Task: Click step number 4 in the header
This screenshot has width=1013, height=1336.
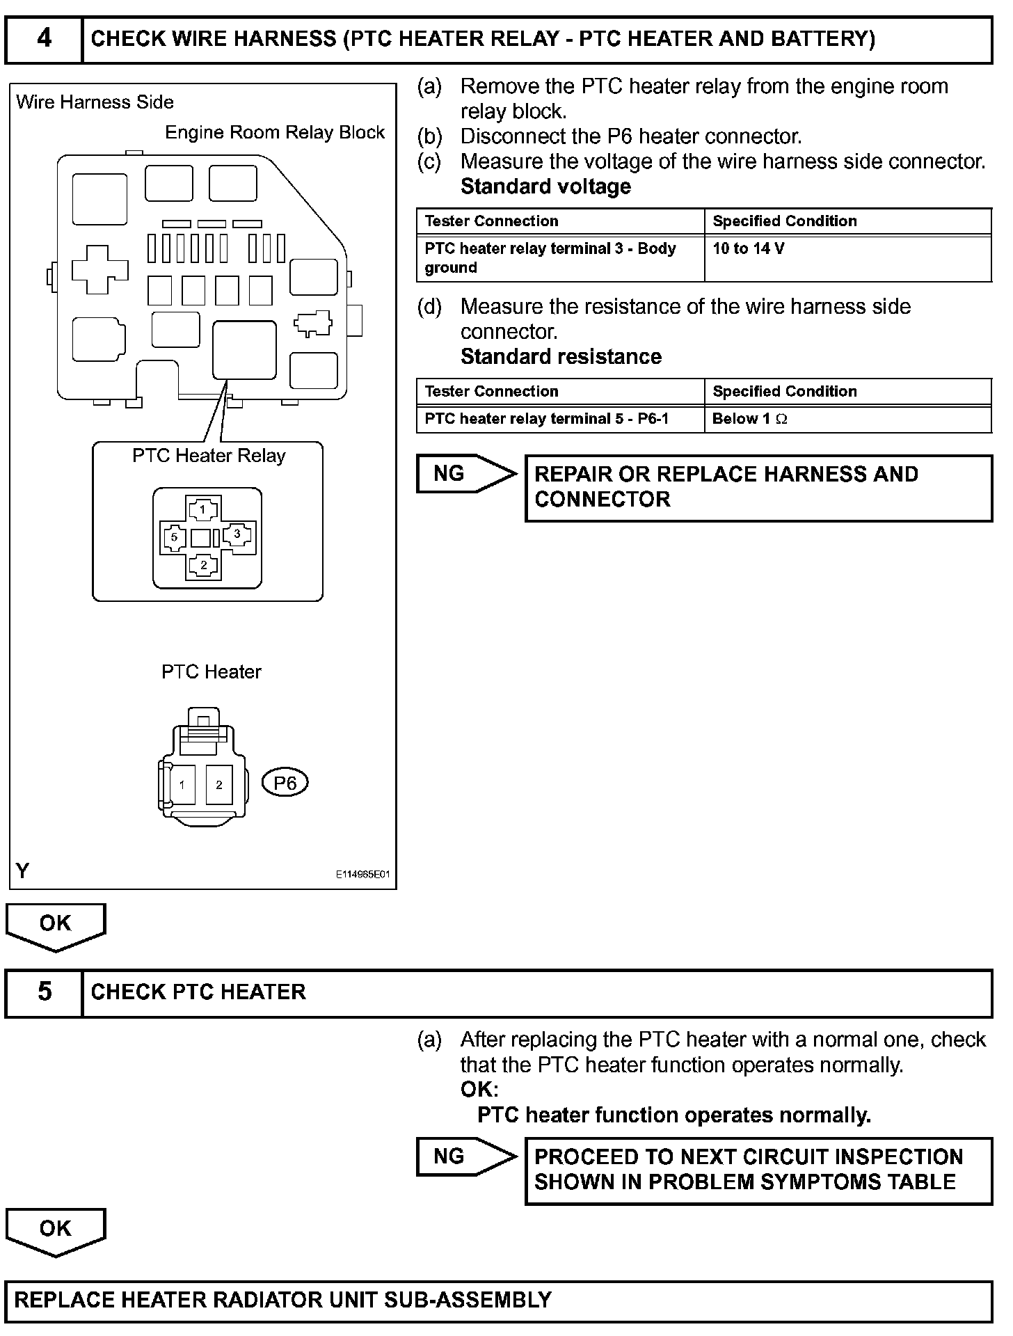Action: [44, 38]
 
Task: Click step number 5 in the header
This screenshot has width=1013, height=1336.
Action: [44, 991]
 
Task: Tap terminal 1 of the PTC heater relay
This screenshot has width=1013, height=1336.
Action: [202, 509]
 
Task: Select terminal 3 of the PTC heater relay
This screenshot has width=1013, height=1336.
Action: [237, 534]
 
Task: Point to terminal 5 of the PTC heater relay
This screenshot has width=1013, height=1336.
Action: [174, 537]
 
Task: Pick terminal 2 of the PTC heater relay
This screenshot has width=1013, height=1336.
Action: [203, 565]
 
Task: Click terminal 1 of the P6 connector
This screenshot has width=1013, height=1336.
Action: [182, 785]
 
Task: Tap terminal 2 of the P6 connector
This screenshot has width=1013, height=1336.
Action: [218, 785]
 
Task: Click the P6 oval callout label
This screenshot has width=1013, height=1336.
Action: [285, 784]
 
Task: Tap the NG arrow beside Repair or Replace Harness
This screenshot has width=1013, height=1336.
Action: [464, 474]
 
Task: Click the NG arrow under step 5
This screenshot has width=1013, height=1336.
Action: [464, 1156]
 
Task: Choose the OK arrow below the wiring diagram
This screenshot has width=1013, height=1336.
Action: [55, 925]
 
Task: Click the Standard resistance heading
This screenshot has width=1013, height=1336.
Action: [561, 357]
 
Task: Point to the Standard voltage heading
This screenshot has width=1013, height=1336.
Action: [545, 186]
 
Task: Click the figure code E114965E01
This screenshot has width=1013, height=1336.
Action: [363, 875]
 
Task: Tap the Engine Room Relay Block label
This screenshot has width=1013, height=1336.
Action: [274, 133]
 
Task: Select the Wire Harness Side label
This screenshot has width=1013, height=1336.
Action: [95, 102]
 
